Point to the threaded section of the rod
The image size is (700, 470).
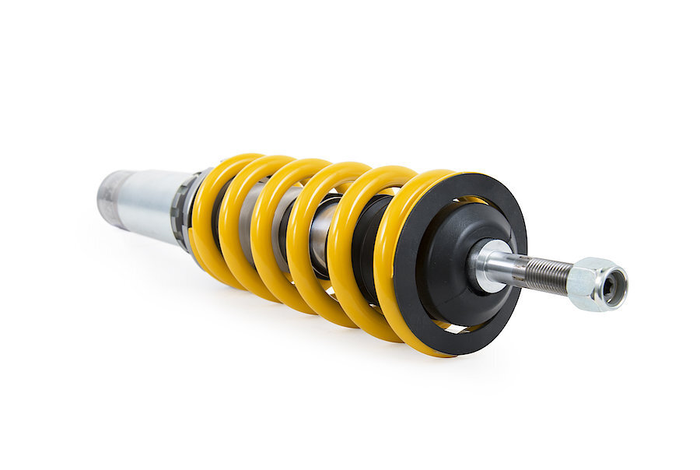point(546,273)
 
